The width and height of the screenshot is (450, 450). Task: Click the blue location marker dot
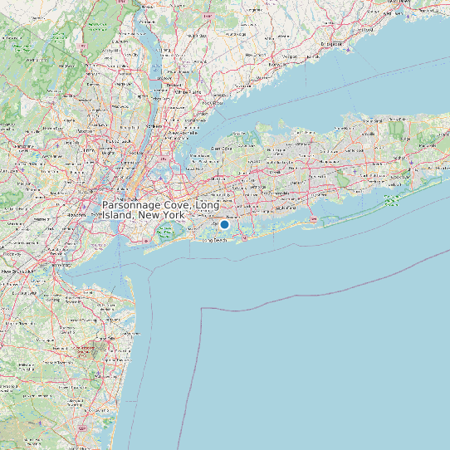[224, 224]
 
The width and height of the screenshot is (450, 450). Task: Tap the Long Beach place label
[214, 241]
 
